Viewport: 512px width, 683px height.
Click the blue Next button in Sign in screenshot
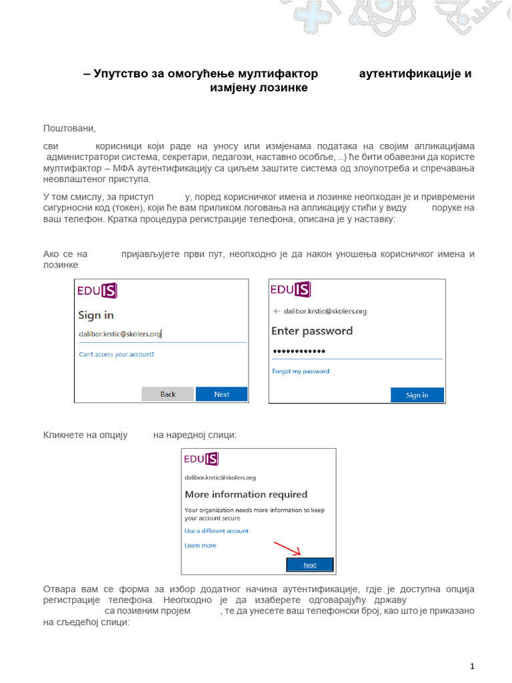pyautogui.click(x=221, y=394)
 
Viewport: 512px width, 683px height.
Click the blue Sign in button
pyautogui.click(x=417, y=395)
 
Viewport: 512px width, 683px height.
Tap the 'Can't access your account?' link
pyautogui.click(x=117, y=354)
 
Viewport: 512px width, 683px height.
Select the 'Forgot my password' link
pyautogui.click(x=301, y=371)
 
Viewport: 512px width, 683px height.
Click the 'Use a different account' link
pyautogui.click(x=216, y=531)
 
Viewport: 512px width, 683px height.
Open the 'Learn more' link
pyautogui.click(x=200, y=545)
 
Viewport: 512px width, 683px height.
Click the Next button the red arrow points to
pyautogui.click(x=310, y=565)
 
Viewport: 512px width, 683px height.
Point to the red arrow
pyautogui.click(x=288, y=548)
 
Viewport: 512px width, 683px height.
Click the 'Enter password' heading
pyautogui.click(x=312, y=331)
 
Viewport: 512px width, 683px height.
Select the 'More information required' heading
pyautogui.click(x=245, y=494)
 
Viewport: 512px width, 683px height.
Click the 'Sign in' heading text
pyautogui.click(x=96, y=315)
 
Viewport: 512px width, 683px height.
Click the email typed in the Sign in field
pyautogui.click(x=120, y=334)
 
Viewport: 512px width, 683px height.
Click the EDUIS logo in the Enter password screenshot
pyautogui.click(x=291, y=289)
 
